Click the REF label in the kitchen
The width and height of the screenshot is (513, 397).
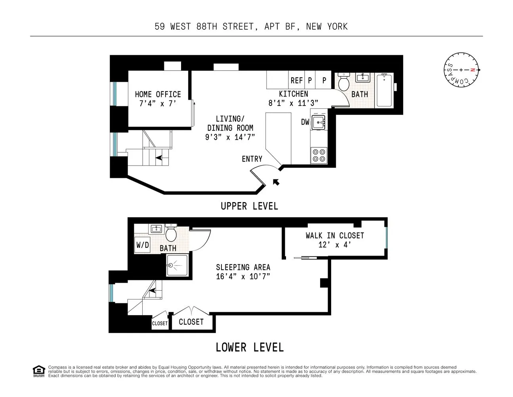click(296, 81)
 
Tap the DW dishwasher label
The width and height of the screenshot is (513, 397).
click(305, 122)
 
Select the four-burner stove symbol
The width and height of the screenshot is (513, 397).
click(318, 155)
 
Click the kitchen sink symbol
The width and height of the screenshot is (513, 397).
click(318, 122)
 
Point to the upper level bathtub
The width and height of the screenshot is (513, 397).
click(384, 90)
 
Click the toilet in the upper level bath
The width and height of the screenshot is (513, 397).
click(343, 82)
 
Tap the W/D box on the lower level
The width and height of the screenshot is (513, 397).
click(143, 245)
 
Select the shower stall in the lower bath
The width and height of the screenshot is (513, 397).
click(177, 265)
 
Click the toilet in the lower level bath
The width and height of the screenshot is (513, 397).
click(171, 233)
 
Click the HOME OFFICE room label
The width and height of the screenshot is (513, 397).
click(158, 94)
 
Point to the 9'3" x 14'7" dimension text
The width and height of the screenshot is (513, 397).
click(230, 137)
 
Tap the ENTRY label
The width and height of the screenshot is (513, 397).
click(252, 159)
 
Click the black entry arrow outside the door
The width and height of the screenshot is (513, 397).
click(276, 182)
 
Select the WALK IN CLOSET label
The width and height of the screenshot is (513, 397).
click(335, 235)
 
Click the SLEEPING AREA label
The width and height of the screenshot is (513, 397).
click(243, 267)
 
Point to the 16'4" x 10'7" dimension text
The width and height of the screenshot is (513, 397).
click(243, 276)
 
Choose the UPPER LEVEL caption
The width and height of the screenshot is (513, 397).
click(249, 206)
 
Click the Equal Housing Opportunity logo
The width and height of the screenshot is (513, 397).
click(38, 371)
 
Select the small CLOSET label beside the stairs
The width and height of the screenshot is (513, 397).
click(160, 324)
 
